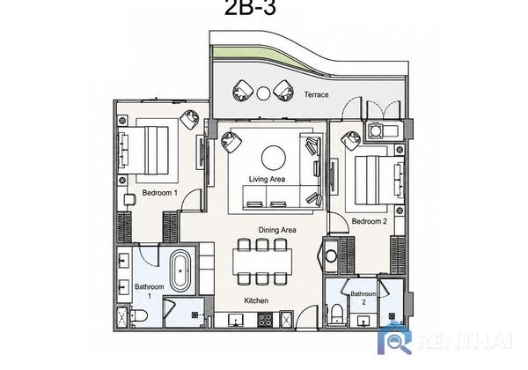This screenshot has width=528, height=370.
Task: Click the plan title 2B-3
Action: [x=250, y=7]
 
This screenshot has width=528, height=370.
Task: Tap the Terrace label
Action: [x=316, y=94]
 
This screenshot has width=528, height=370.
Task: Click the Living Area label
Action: [x=267, y=179]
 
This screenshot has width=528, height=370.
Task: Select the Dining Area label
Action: [x=277, y=230]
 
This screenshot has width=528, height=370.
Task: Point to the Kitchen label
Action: [x=256, y=300]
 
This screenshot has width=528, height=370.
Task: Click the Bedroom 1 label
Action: [x=159, y=193]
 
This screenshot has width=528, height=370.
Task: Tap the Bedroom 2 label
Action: [x=369, y=221]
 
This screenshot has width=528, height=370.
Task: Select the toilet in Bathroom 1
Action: [x=139, y=315]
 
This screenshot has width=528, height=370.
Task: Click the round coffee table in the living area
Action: [x=274, y=158]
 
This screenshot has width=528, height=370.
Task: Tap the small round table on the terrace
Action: [x=263, y=93]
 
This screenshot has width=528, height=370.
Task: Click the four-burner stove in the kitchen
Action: [x=265, y=320]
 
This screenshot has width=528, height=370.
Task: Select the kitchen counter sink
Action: [x=236, y=320]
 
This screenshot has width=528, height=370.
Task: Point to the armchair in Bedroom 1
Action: [x=190, y=119]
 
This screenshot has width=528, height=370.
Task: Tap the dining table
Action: [x=262, y=263]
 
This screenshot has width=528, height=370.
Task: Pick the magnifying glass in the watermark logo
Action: [x=398, y=344]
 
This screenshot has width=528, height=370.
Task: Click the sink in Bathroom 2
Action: [x=363, y=322]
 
